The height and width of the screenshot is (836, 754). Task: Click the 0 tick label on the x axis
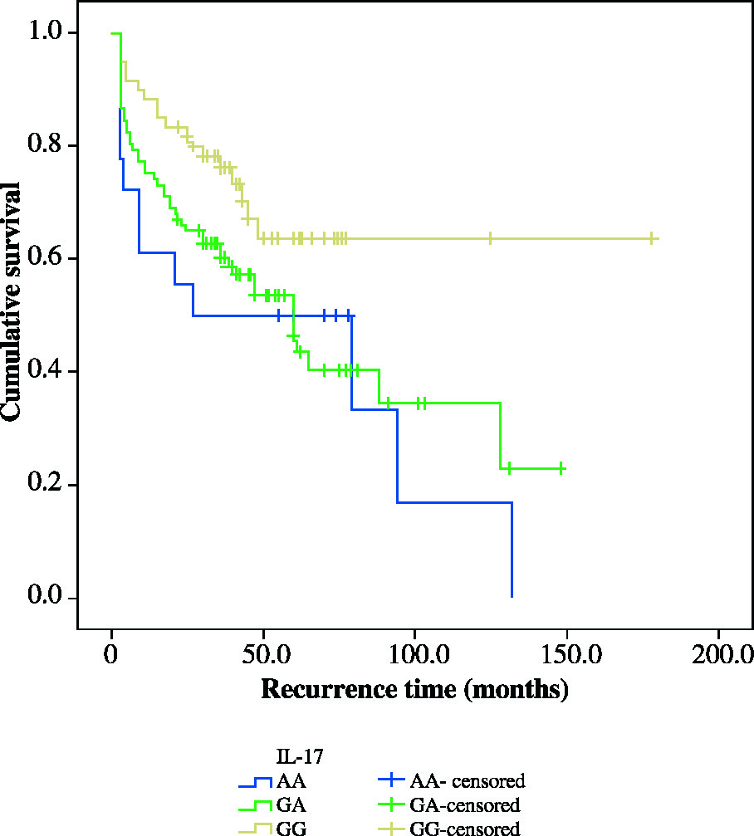(x=112, y=653)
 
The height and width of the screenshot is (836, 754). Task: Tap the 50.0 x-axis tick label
(x=263, y=653)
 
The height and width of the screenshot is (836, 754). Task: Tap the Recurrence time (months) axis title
(x=414, y=690)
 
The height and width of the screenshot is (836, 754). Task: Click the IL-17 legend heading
(x=299, y=756)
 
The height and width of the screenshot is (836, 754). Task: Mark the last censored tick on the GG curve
(x=652, y=238)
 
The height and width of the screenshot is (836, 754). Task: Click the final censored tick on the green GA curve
(x=561, y=468)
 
